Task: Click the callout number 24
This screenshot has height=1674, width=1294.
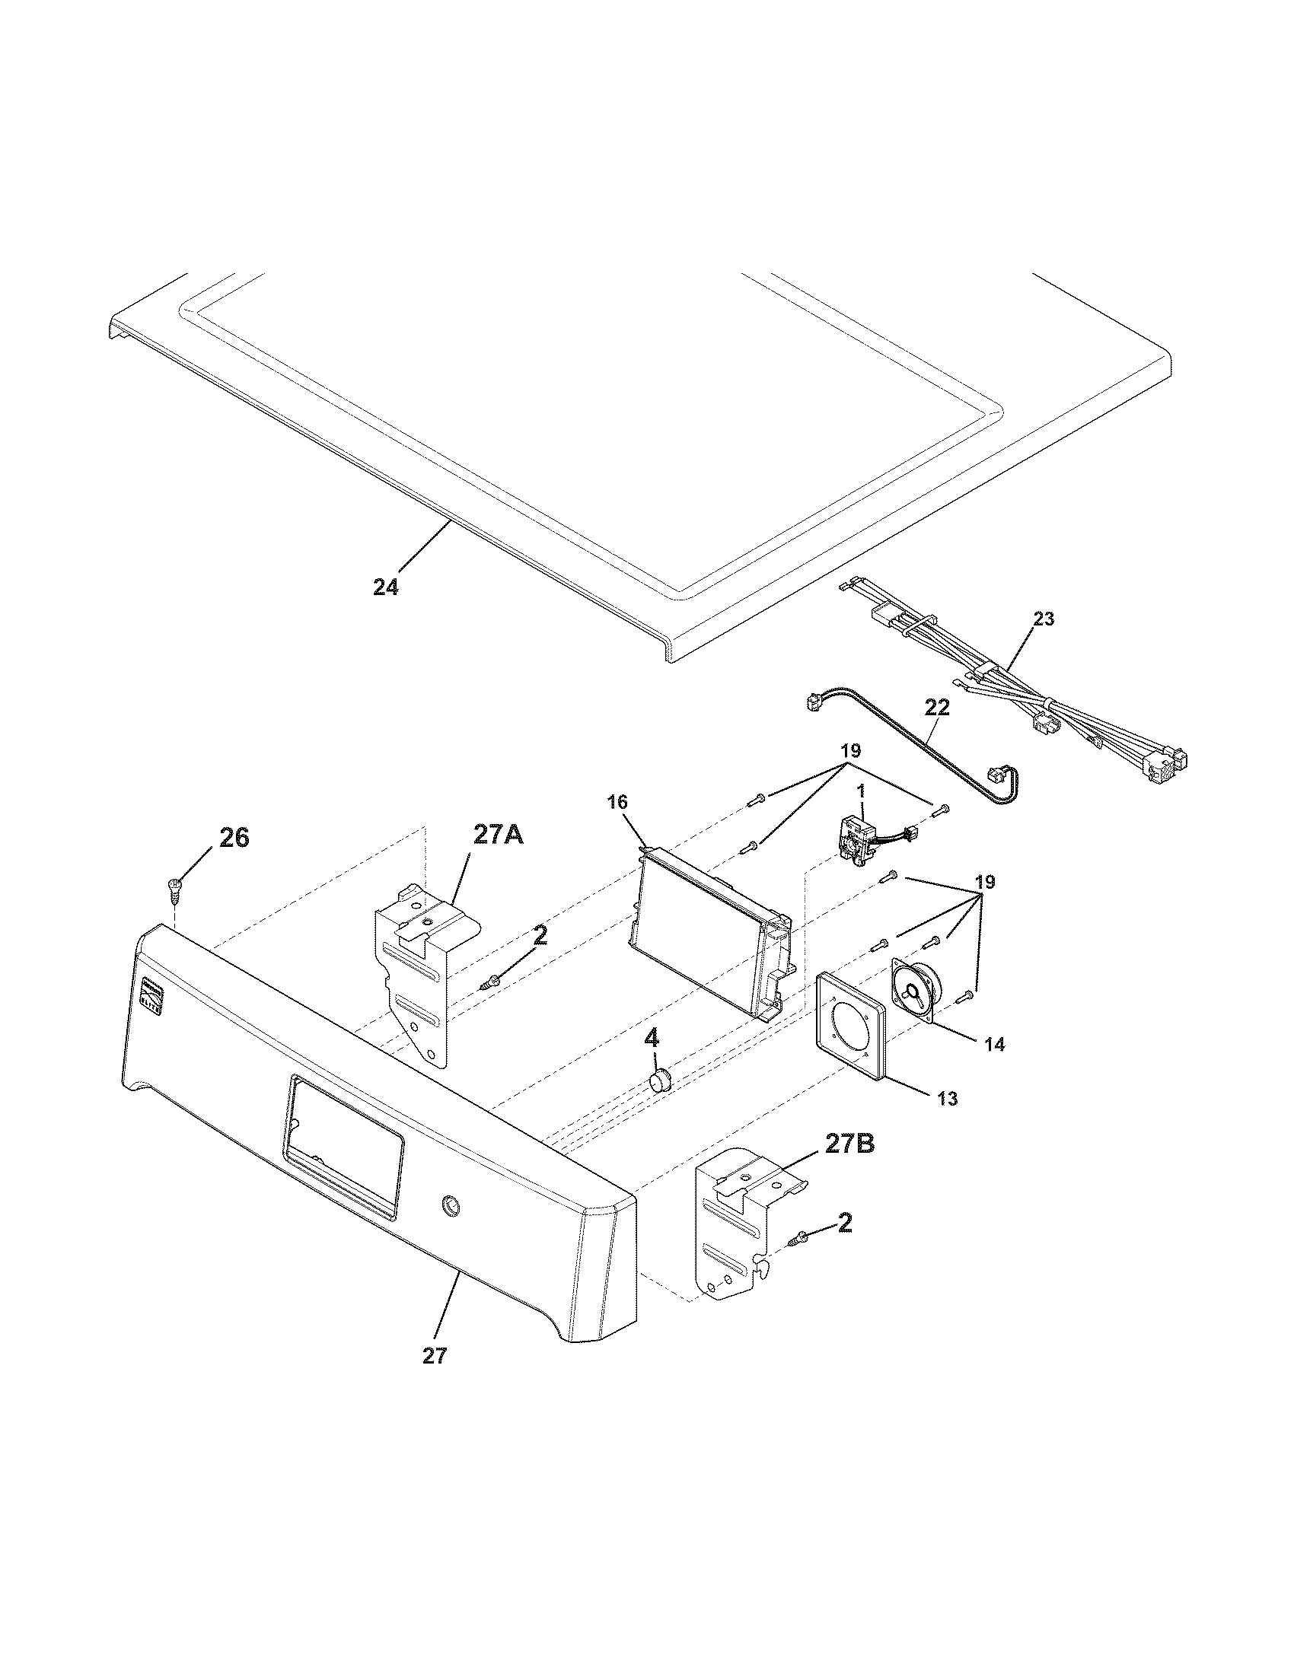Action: [x=387, y=587]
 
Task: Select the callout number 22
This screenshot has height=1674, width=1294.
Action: [x=937, y=707]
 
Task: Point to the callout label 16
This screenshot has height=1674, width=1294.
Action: [x=618, y=802]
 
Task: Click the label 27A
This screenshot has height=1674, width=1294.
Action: [x=499, y=835]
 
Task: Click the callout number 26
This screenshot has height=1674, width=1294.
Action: [x=234, y=838]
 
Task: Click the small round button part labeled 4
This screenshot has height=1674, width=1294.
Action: [x=660, y=1081]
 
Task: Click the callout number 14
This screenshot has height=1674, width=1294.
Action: [x=994, y=1044]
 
